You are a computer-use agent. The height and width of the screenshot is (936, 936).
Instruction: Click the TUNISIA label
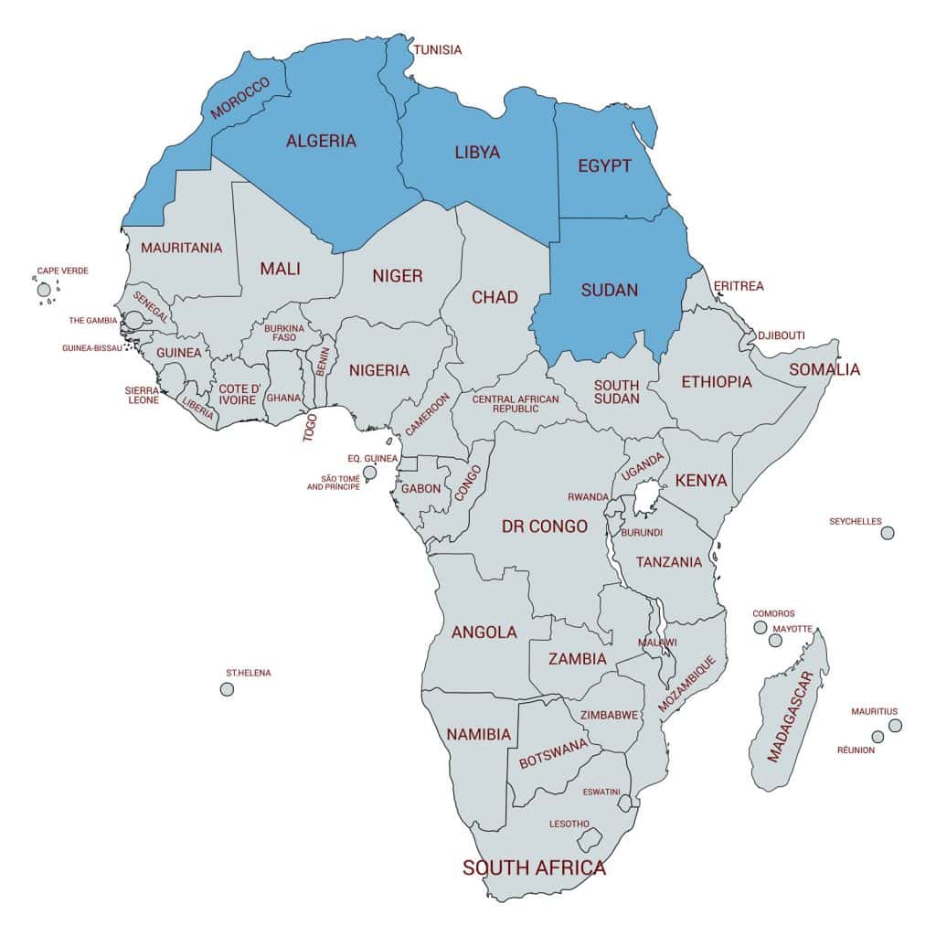(438, 49)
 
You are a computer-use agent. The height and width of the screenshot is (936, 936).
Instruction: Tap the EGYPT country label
(604, 165)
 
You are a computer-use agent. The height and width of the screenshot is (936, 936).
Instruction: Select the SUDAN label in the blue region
(610, 290)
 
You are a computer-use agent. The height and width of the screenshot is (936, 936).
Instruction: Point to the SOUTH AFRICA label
(534, 867)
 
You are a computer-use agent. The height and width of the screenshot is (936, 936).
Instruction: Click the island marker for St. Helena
(227, 688)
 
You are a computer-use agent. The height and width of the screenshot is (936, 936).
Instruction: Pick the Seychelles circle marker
(887, 533)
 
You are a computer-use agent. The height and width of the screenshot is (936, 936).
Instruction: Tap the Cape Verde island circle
(44, 290)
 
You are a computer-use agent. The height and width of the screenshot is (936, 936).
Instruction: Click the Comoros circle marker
(760, 627)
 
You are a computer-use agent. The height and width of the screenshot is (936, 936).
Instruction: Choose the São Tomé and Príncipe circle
(369, 473)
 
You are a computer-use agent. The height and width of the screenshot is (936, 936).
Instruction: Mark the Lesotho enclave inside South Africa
(592, 838)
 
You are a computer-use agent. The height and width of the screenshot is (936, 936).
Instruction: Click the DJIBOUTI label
(781, 335)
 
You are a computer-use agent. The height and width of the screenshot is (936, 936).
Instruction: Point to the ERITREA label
(738, 286)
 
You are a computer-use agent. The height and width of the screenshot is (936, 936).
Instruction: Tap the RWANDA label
(588, 496)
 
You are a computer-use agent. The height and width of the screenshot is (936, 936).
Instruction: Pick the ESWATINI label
(601, 791)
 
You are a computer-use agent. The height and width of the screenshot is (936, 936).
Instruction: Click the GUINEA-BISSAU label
(91, 348)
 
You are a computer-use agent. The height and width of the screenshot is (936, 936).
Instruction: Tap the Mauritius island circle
(895, 725)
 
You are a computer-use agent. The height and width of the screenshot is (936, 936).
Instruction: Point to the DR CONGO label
(545, 526)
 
